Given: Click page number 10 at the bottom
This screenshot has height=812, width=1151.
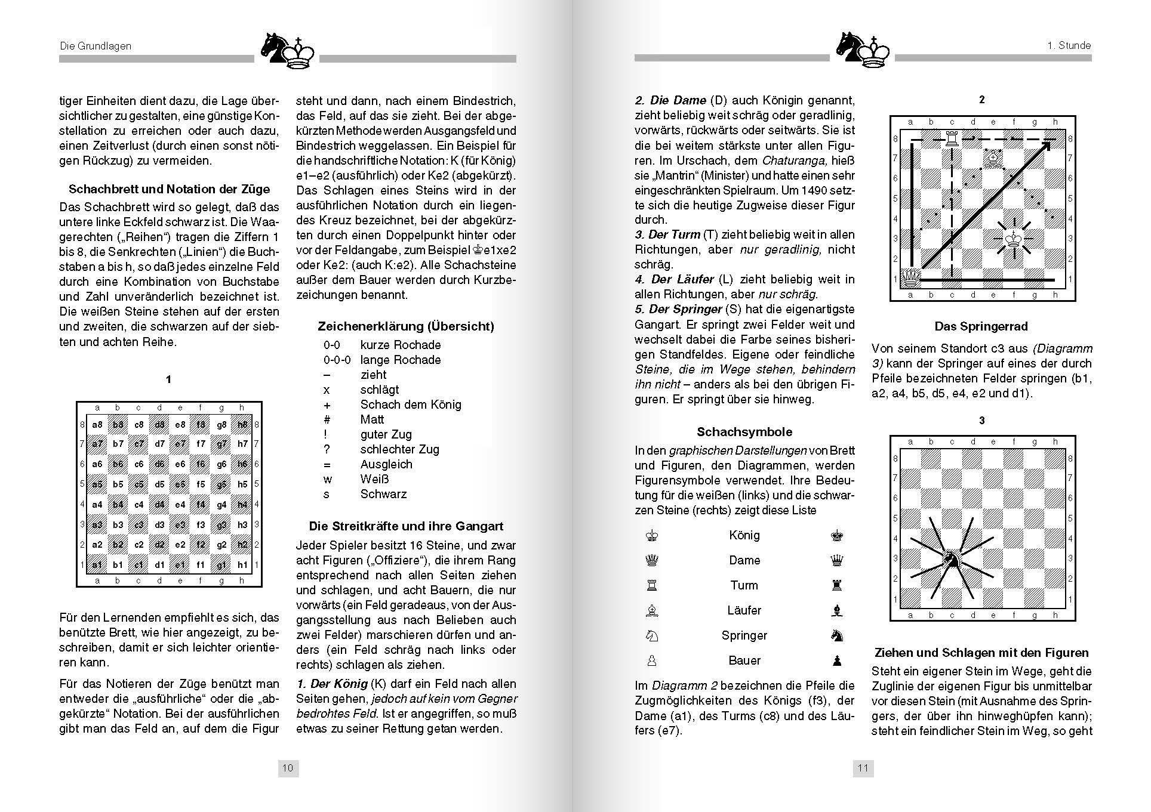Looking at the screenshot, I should [x=288, y=768].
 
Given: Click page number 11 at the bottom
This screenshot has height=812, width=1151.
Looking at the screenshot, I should [x=863, y=768].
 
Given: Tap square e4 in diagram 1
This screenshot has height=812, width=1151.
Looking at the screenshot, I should [x=180, y=505].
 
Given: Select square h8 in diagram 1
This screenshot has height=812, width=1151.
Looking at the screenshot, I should [x=242, y=425].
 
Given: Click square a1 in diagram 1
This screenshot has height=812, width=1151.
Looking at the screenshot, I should [x=97, y=565].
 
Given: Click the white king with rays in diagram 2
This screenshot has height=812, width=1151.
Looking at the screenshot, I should [x=1013, y=239].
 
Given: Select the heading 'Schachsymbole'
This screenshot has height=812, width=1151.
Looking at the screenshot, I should [x=744, y=432].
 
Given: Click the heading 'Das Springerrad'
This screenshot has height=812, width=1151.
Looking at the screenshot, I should [x=981, y=326].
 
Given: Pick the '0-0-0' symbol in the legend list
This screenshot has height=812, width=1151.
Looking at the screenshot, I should [x=337, y=360].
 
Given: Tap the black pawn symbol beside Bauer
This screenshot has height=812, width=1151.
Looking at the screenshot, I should [x=837, y=660].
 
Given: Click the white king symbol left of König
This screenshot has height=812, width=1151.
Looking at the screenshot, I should [x=652, y=535].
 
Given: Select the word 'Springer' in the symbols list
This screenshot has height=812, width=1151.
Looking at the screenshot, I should [x=744, y=635].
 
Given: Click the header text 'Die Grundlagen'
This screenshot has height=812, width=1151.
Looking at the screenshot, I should [x=96, y=46].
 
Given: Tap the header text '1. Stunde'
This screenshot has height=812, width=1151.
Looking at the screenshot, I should [x=1069, y=45].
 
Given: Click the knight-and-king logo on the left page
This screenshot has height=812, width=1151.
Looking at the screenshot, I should [x=288, y=50].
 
